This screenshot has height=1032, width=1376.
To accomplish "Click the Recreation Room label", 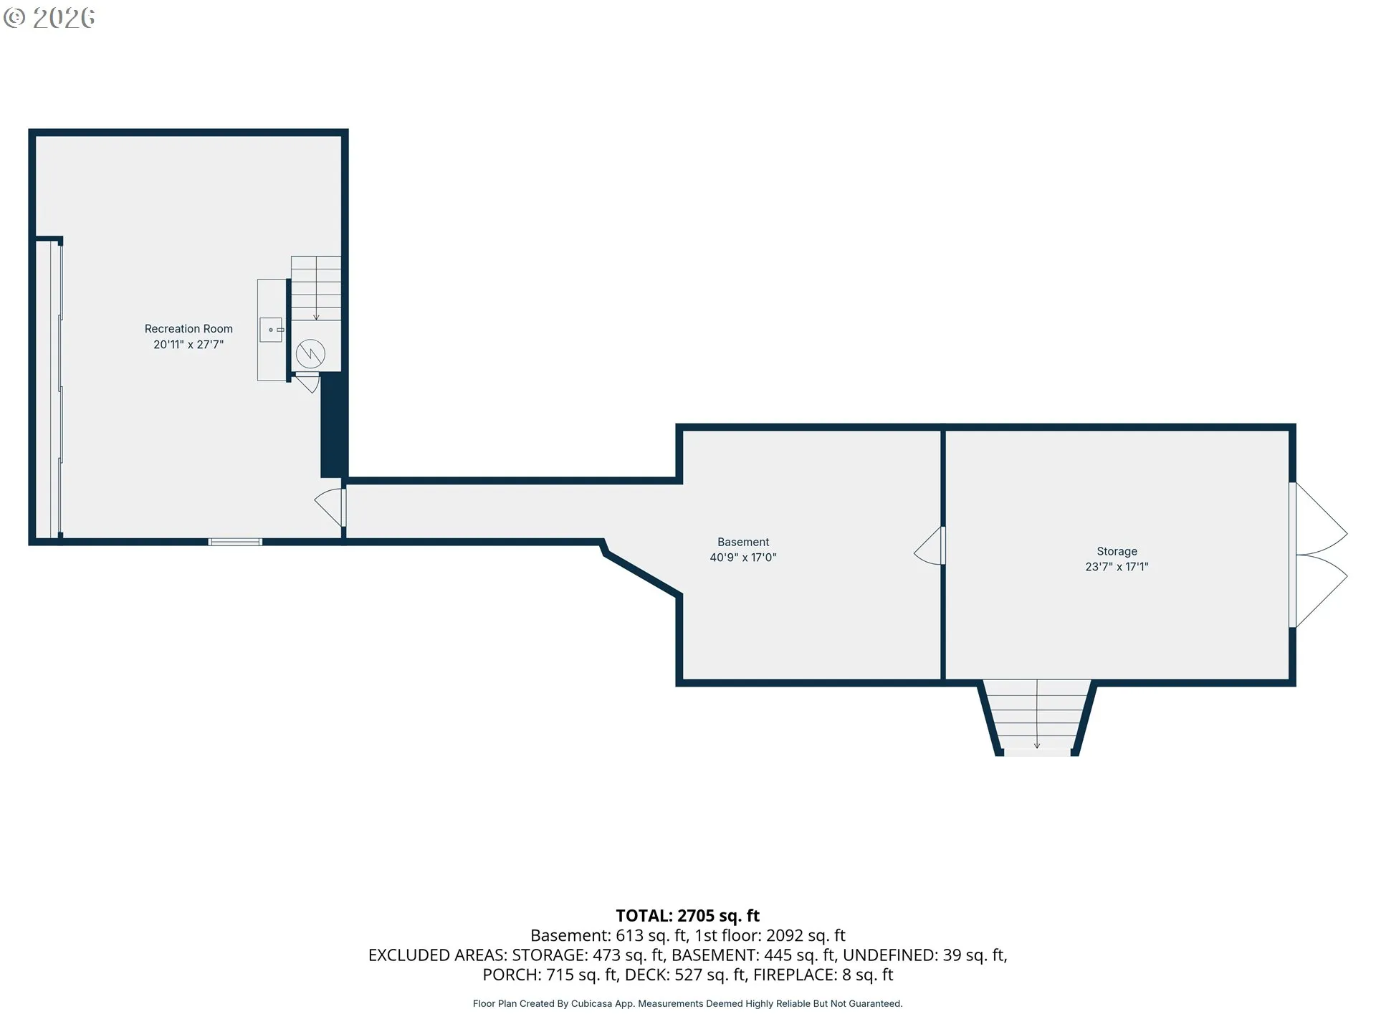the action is click(x=188, y=329).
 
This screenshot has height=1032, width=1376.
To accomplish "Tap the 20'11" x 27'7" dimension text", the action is click(x=188, y=345).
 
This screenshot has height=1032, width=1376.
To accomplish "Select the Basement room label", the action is click(x=743, y=543).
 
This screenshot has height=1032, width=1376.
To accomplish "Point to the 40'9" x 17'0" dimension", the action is click(x=743, y=558).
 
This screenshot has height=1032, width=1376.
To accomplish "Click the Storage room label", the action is click(x=1117, y=552).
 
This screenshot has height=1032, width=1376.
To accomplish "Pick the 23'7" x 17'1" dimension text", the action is click(x=1117, y=567).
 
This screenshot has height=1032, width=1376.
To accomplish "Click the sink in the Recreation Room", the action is click(x=272, y=330).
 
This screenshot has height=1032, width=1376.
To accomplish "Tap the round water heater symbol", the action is click(x=310, y=353).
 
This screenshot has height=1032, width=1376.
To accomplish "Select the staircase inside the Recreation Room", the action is click(x=315, y=289).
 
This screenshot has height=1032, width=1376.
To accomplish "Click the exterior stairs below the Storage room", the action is click(x=1037, y=717).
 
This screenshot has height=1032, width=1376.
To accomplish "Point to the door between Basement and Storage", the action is click(x=930, y=546).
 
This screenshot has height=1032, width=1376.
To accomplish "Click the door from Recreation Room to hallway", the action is click(x=330, y=507).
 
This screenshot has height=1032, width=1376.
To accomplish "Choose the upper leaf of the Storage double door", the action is click(x=1319, y=518).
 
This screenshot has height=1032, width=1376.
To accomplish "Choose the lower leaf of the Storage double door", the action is click(x=1319, y=592).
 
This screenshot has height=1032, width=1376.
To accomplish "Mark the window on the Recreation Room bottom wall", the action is click(x=235, y=542).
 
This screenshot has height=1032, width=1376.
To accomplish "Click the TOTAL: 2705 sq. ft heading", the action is click(x=688, y=916).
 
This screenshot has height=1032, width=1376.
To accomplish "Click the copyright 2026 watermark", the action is click(x=49, y=18).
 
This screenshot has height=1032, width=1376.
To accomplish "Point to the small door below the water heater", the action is click(x=307, y=382).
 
